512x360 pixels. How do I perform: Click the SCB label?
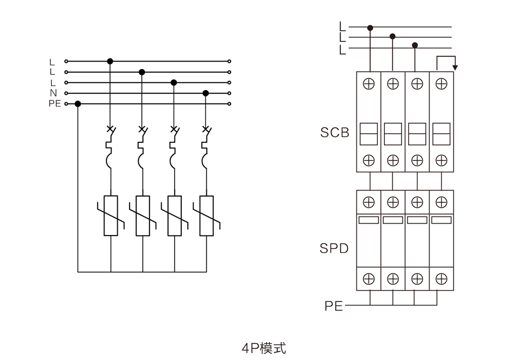334,133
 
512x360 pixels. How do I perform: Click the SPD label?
334,249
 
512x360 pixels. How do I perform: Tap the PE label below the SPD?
333,306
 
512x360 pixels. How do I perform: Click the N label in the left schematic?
53,93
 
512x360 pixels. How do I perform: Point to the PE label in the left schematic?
55,104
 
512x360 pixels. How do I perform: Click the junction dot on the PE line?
78,104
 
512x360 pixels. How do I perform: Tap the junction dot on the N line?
206,93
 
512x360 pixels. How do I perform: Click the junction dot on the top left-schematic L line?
110,61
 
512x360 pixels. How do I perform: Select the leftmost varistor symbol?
111,215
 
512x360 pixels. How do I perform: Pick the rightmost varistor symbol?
206,215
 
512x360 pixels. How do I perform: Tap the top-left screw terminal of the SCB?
368,84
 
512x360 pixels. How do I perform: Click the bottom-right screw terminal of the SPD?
441,279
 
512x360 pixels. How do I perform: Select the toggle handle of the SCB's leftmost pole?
368,133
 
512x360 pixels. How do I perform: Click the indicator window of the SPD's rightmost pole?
441,220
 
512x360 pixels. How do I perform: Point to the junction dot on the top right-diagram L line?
370,27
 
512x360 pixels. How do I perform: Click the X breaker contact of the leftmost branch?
110,129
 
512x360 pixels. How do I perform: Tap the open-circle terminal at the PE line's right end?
229,104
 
